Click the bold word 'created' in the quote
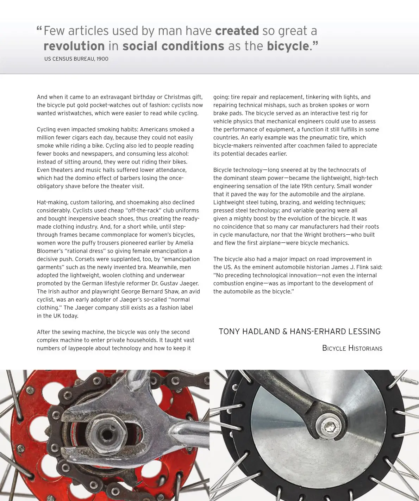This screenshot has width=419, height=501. pyautogui.click(x=237, y=31)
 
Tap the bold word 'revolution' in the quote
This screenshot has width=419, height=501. pyautogui.click(x=74, y=46)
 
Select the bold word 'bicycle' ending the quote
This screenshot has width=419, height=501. pyautogui.click(x=288, y=46)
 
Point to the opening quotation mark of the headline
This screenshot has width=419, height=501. pyautogui.click(x=39, y=30)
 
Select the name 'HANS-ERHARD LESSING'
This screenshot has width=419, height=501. pyautogui.click(x=335, y=332)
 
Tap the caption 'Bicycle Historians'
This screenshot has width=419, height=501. pyautogui.click(x=352, y=348)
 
